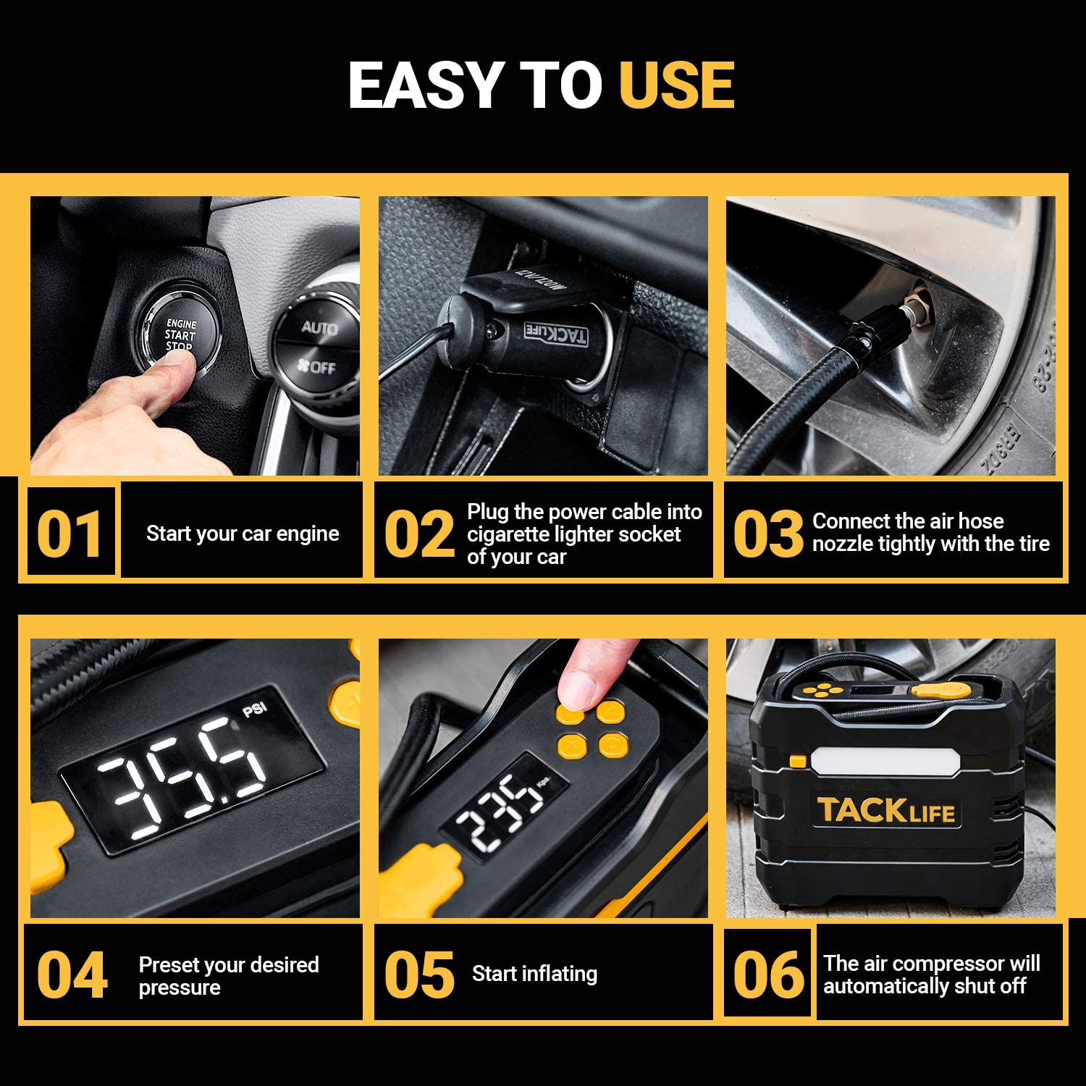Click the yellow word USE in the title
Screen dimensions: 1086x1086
point(677,85)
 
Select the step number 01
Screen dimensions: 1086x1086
point(70,534)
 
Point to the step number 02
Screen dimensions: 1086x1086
point(419,534)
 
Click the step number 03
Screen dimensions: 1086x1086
point(767,534)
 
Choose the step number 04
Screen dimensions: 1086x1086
point(72,975)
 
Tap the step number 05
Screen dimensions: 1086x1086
point(419,975)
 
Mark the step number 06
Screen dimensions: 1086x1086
point(768,975)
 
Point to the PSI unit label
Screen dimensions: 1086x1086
point(254,708)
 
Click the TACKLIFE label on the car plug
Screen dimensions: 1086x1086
point(555,334)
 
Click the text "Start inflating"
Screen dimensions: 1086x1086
point(534,974)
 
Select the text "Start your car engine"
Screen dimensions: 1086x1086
point(243,534)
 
